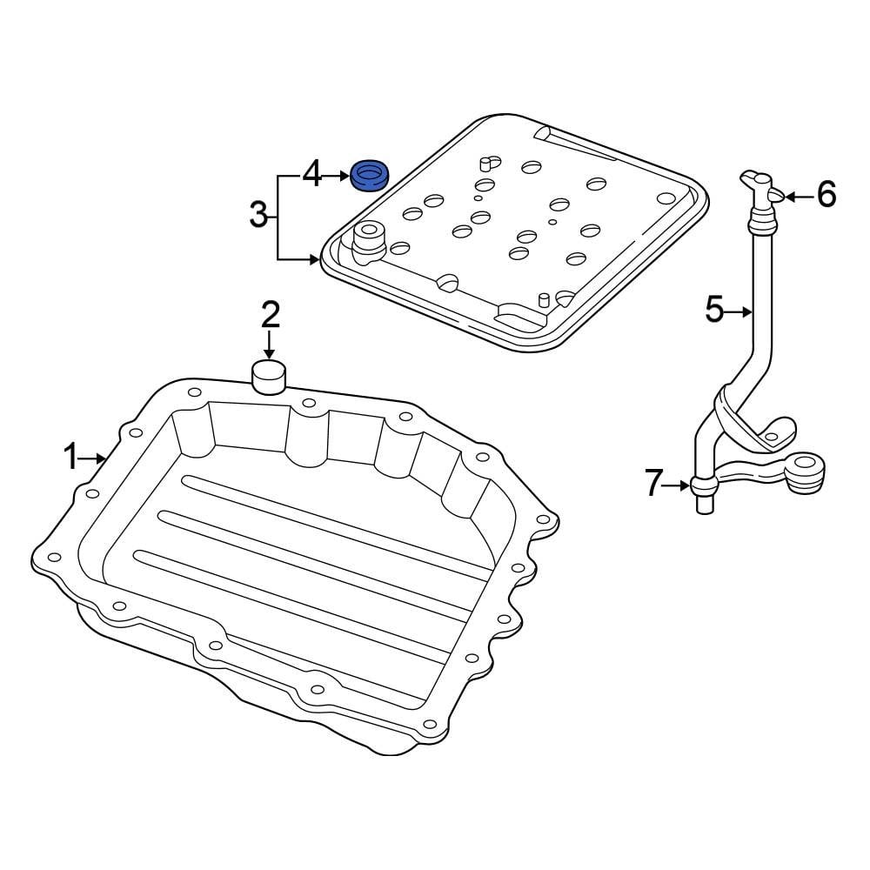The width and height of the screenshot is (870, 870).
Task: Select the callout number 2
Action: point(270,314)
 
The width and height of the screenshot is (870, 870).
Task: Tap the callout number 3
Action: point(258,214)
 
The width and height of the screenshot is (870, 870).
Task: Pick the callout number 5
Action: point(714,310)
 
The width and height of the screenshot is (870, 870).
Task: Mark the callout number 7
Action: point(654,484)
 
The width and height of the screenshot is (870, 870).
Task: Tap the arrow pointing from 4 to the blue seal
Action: point(337,177)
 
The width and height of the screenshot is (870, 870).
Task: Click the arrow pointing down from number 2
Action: point(270,345)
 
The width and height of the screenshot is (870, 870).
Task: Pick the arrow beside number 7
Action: point(679,485)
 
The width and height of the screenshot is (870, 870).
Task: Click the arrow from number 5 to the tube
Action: point(739,311)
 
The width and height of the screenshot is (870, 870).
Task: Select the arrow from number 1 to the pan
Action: point(96,457)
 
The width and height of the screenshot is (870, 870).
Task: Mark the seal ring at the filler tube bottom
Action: point(703,485)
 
